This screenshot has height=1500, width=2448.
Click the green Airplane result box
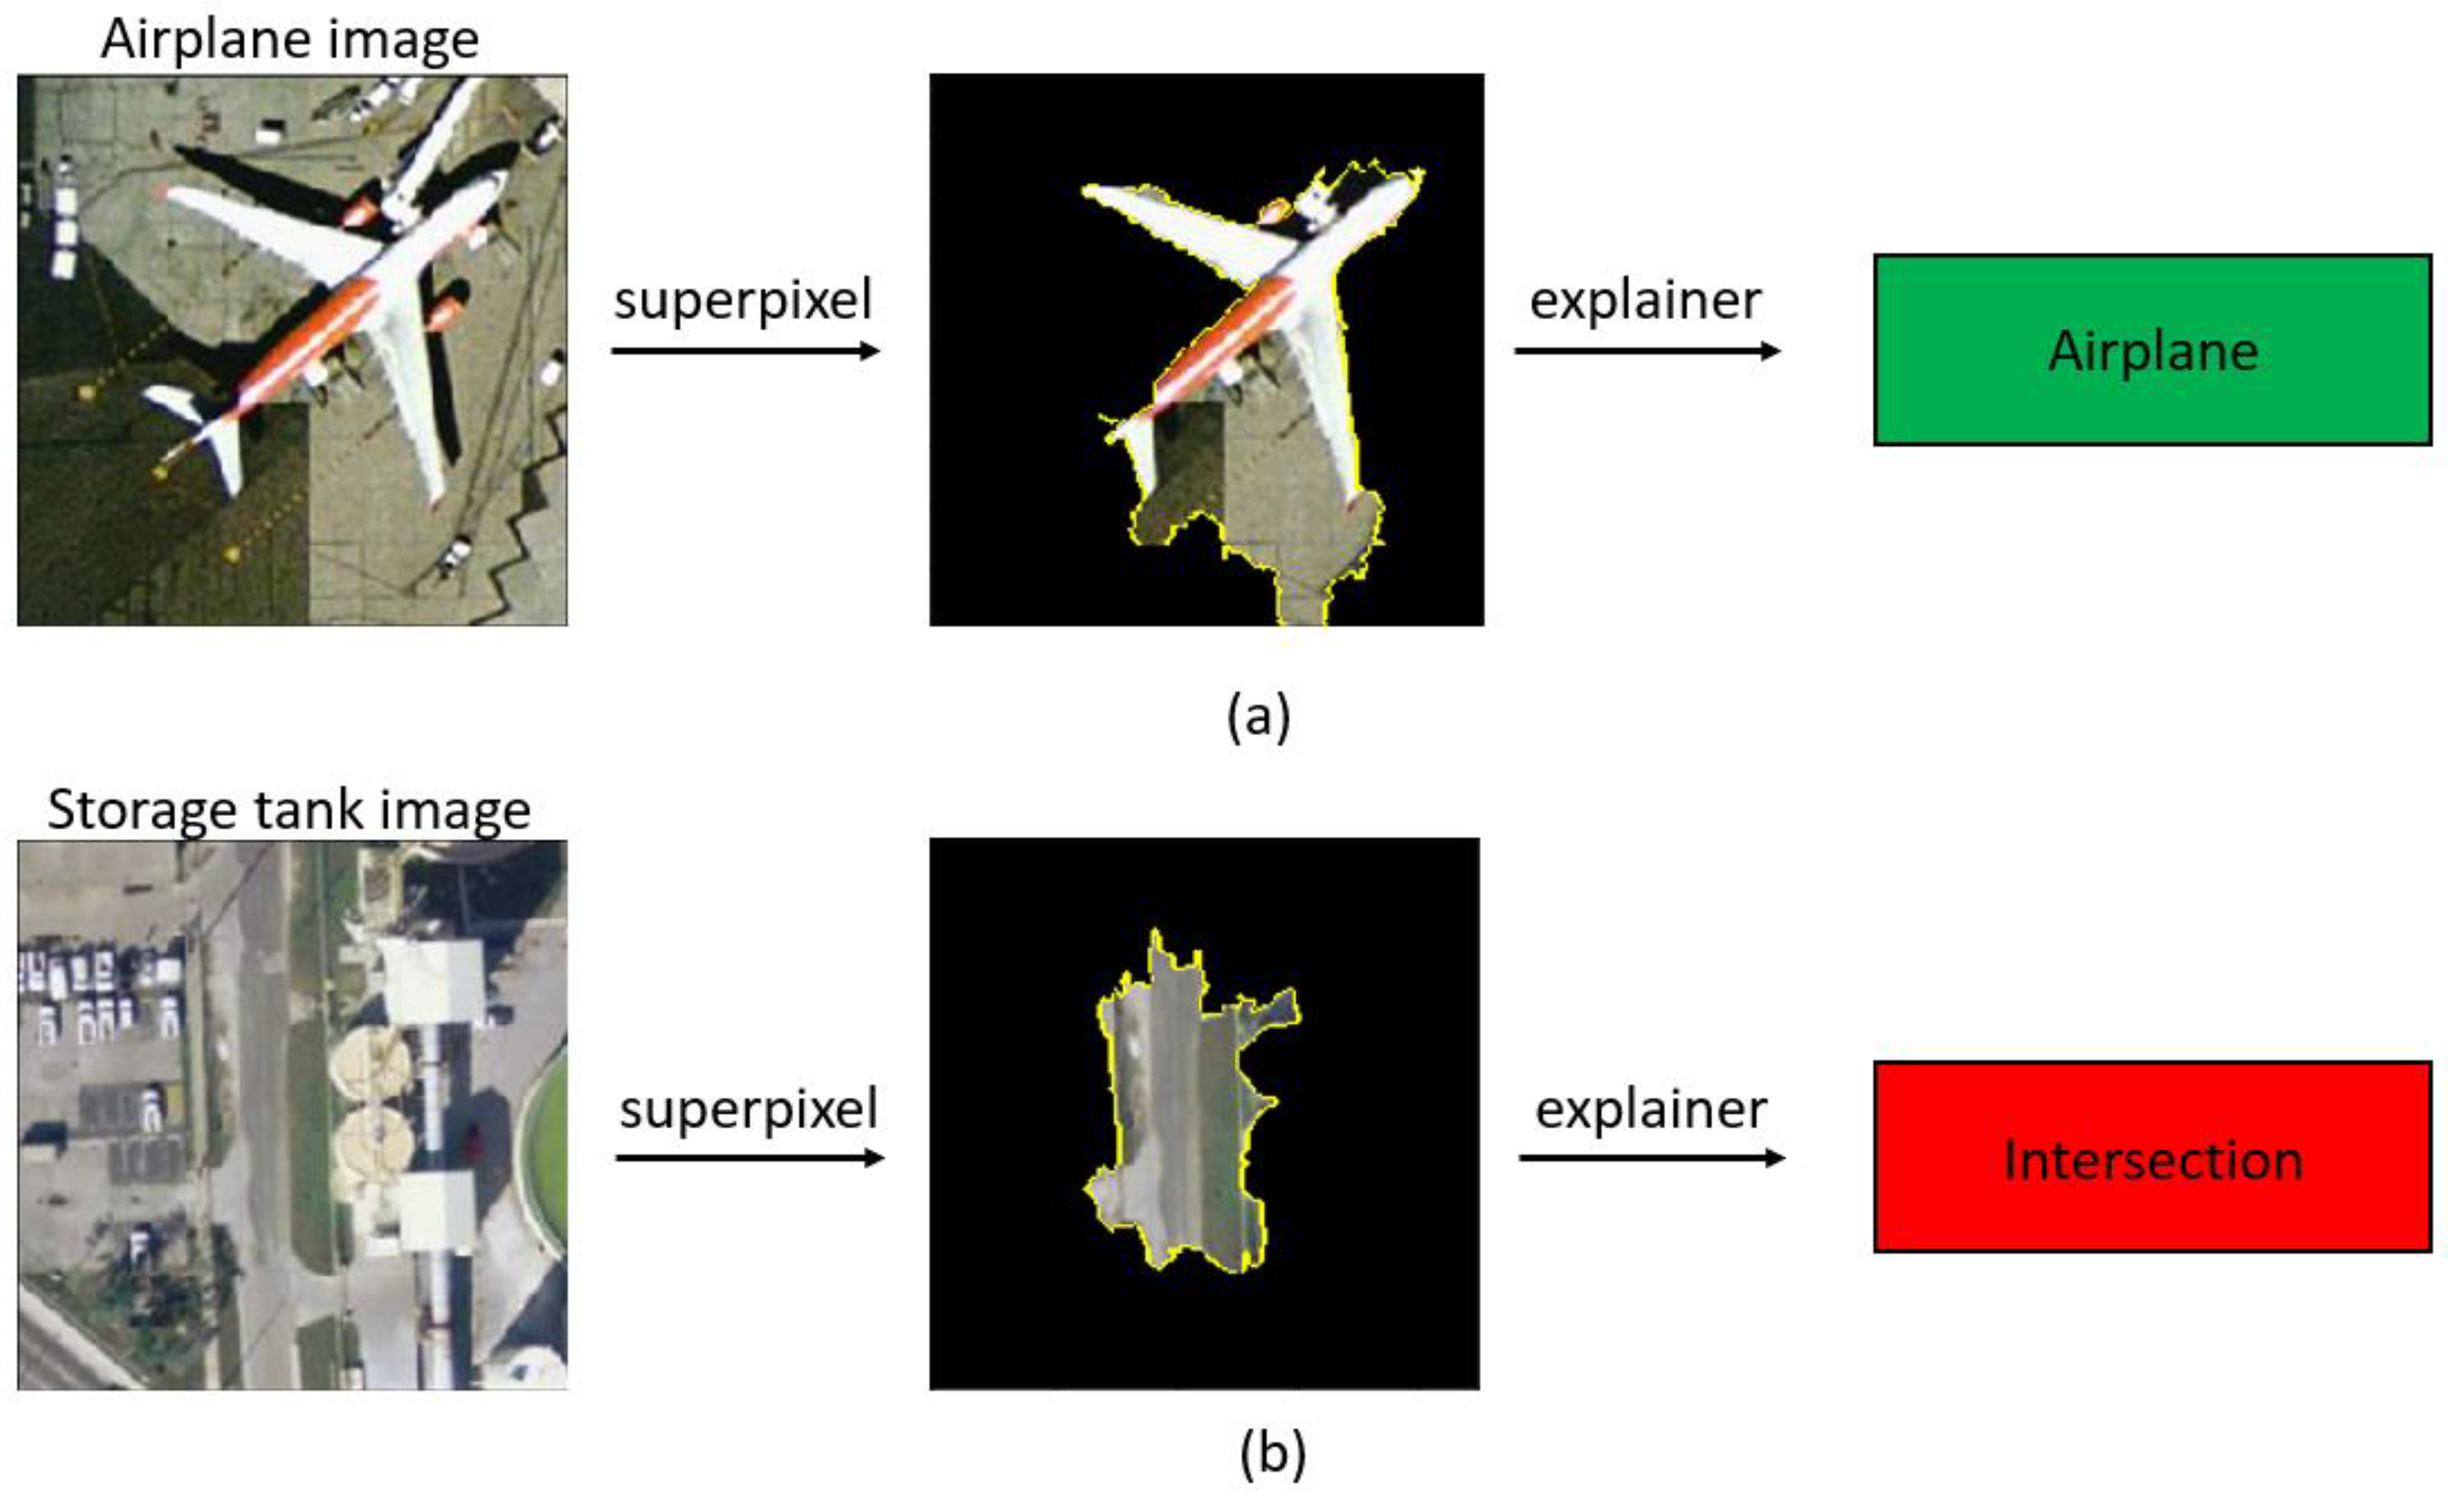click(2152, 350)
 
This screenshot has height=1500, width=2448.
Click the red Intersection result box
click(2152, 1156)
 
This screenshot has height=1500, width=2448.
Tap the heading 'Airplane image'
click(290, 39)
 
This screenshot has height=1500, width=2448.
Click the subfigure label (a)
click(1259, 715)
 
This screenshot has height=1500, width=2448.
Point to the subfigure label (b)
click(1273, 1452)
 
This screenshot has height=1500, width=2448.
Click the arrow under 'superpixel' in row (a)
click(745, 350)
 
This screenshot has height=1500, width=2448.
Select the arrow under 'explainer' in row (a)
click(1647, 350)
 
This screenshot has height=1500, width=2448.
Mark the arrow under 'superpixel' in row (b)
click(750, 1157)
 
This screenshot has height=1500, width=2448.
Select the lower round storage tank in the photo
click(369, 1143)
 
